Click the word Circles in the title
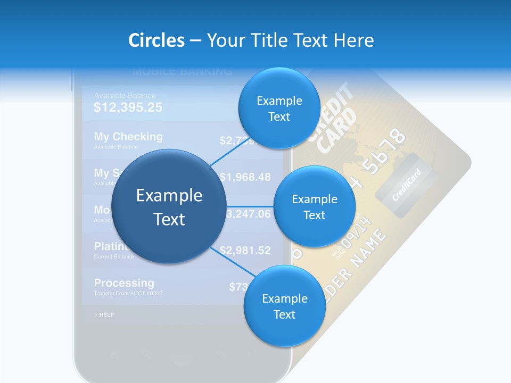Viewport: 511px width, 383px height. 156,40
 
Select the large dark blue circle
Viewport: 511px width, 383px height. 169,206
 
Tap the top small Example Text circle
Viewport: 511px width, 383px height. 279,108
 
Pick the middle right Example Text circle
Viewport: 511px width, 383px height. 314,206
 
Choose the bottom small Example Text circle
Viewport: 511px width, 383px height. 284,306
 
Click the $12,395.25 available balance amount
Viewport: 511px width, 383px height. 128,107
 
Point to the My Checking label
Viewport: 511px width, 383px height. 128,137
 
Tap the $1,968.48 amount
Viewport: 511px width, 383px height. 245,177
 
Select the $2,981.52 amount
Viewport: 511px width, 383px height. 245,250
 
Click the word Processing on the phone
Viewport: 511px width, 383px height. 124,283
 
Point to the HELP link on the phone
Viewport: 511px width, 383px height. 104,315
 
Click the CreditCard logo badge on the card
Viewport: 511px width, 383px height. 406,185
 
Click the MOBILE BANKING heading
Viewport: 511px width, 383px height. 182,71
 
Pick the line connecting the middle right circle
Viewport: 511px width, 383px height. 250,206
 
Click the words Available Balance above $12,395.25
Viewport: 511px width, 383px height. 125,96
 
